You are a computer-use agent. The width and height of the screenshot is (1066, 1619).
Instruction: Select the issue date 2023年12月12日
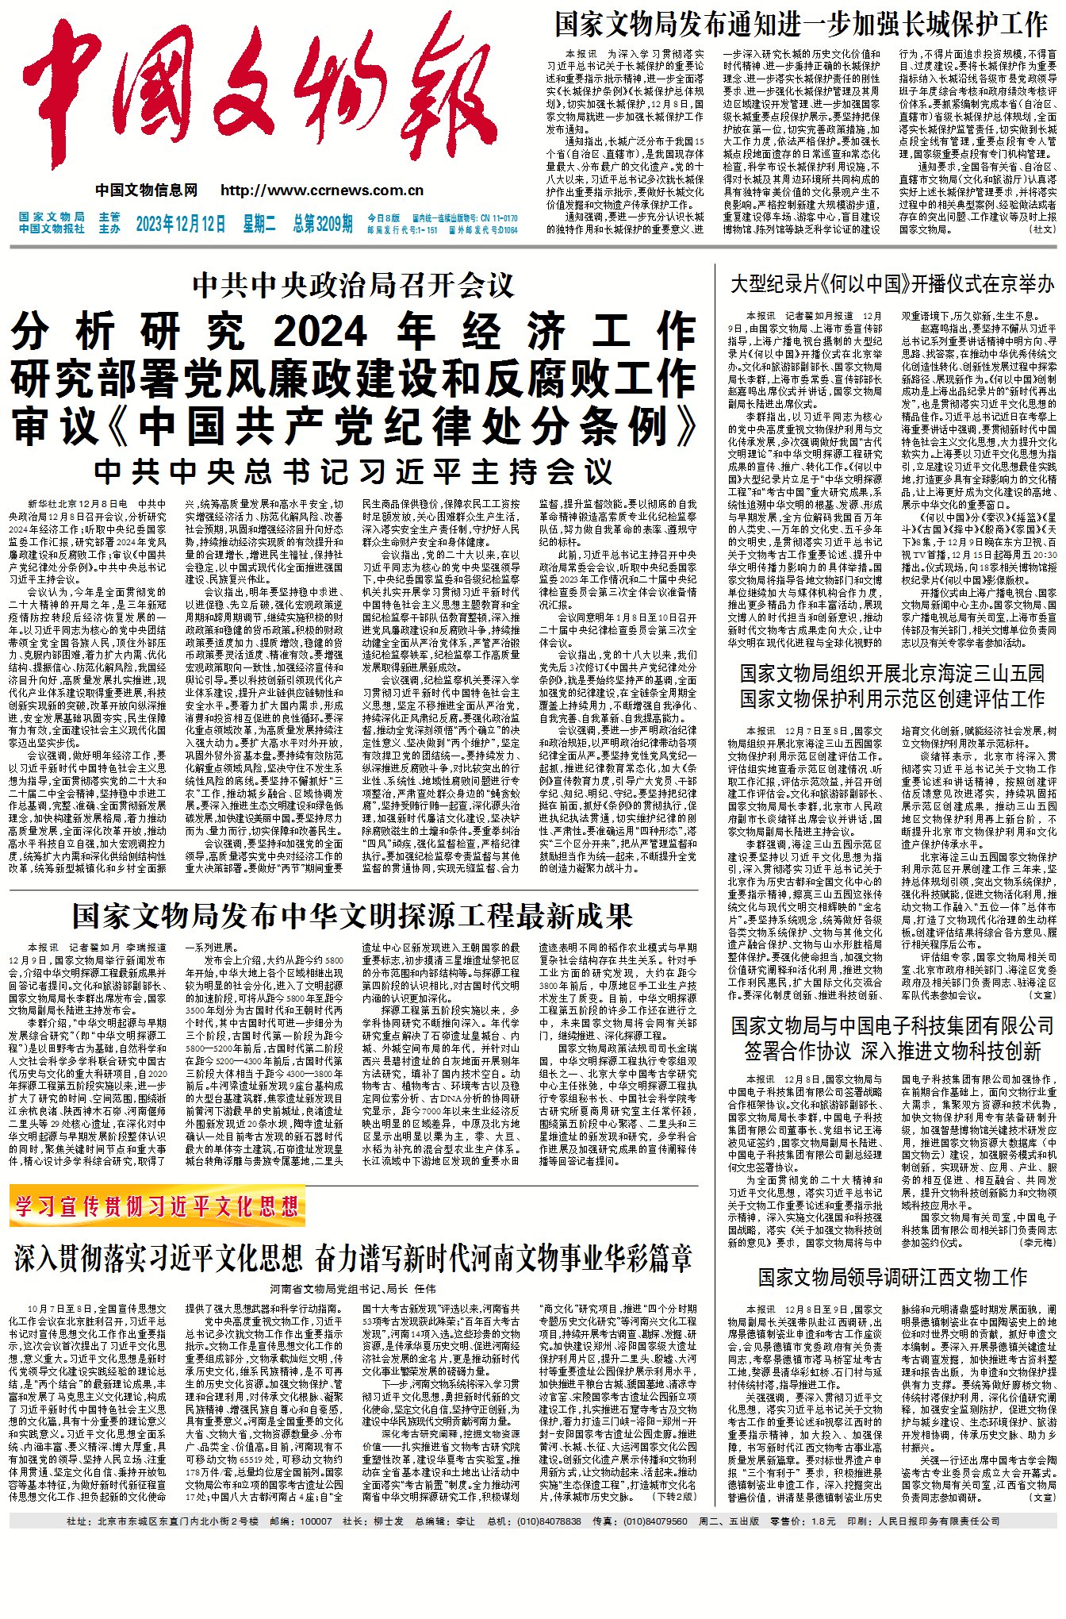pyautogui.click(x=181, y=224)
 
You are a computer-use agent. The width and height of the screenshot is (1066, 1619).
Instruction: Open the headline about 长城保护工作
pyautogui.click(x=801, y=25)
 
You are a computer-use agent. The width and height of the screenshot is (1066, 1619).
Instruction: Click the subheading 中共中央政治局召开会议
pyautogui.click(x=354, y=286)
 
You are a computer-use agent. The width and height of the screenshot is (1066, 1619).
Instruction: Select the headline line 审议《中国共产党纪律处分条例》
pyautogui.click(x=354, y=426)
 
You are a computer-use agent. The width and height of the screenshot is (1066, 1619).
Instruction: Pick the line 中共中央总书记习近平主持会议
pyautogui.click(x=354, y=471)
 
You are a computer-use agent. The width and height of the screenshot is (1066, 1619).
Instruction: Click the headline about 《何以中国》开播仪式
pyautogui.click(x=892, y=284)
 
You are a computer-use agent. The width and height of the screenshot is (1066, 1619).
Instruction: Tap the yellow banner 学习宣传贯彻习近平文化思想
pyautogui.click(x=157, y=1207)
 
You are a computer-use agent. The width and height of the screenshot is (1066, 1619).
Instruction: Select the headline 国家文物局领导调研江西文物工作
pyautogui.click(x=892, y=1277)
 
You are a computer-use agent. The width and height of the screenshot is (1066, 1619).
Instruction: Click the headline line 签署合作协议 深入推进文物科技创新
pyautogui.click(x=892, y=1052)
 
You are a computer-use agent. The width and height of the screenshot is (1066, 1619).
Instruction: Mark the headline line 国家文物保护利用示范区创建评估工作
pyautogui.click(x=892, y=699)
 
